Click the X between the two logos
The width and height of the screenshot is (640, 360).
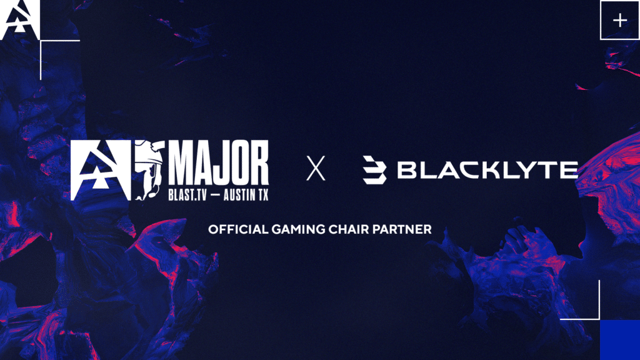316,169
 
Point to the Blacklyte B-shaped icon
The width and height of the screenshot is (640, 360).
374,170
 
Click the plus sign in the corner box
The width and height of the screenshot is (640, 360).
619,21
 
